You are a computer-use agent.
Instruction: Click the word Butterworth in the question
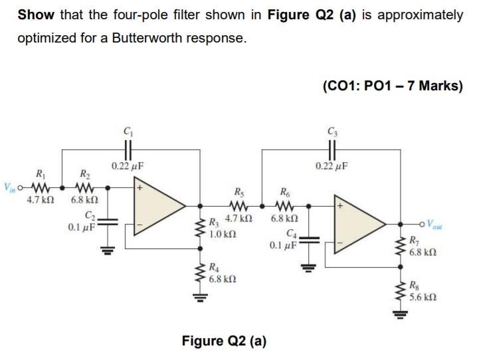pos(149,38)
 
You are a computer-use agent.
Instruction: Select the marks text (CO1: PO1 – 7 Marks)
pos(391,86)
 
